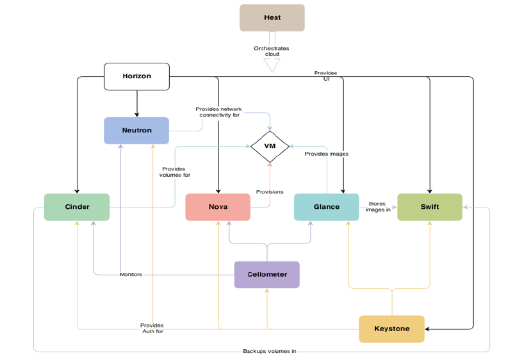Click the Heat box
(272, 18)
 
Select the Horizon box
(136, 76)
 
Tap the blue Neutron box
(136, 131)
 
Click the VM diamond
(269, 147)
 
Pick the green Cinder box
(77, 207)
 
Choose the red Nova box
(218, 207)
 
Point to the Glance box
(326, 207)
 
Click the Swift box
(429, 207)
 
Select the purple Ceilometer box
(266, 275)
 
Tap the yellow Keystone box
(391, 329)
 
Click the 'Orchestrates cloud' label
(272, 51)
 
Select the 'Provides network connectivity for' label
(218, 112)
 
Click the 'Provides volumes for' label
(175, 172)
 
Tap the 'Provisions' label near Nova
(270, 192)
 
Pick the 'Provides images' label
(327, 154)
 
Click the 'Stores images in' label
(378, 207)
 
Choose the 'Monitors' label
(131, 275)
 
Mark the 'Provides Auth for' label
(152, 328)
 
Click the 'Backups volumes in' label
(269, 351)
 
